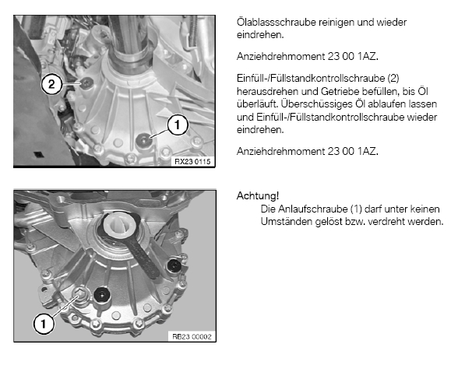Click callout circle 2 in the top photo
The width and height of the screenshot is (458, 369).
pyautogui.click(x=51, y=84)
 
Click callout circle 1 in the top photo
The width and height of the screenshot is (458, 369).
pyautogui.click(x=178, y=125)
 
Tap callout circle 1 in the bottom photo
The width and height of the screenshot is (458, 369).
pyautogui.click(x=44, y=324)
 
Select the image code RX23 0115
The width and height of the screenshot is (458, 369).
pyautogui.click(x=192, y=161)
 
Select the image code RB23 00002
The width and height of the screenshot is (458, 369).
pyautogui.click(x=192, y=336)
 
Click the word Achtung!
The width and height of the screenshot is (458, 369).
pyautogui.click(x=258, y=195)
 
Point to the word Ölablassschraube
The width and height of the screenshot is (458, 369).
pyautogui.click(x=276, y=22)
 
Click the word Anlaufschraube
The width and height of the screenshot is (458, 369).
pyautogui.click(x=312, y=209)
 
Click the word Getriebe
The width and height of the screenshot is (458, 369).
pyautogui.click(x=340, y=91)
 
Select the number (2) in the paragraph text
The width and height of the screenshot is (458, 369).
pyautogui.click(x=393, y=78)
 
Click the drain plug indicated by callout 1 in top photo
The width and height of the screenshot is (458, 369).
pyautogui.click(x=144, y=139)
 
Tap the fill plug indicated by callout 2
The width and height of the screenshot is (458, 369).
pyautogui.click(x=86, y=83)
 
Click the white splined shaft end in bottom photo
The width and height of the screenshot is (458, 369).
pyautogui.click(x=120, y=224)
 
